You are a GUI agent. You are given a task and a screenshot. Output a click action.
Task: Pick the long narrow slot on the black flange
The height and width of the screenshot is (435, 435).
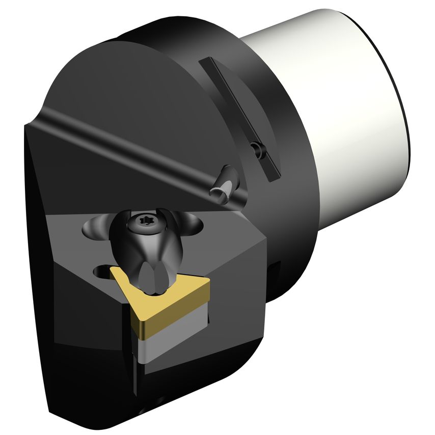pyautogui.click(x=239, y=117)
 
